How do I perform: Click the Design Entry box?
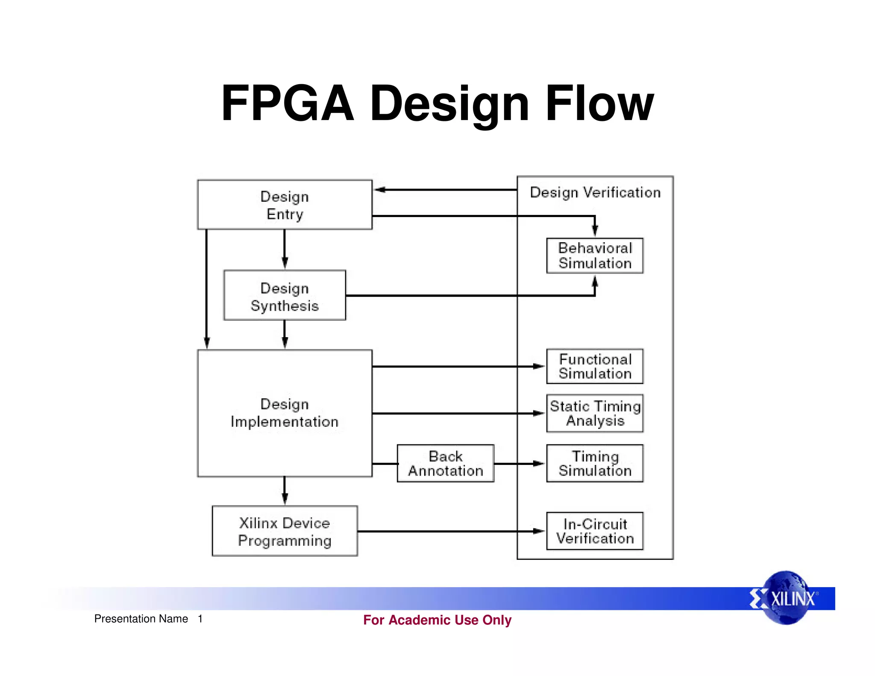pos(285,205)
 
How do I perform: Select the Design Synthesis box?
pos(285,295)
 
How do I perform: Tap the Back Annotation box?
pos(445,463)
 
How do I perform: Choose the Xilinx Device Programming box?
pos(285,531)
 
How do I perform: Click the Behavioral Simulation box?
pos(595,256)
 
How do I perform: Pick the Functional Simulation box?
pos(595,366)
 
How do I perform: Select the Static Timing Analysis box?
pos(595,413)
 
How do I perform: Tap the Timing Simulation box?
pos(595,463)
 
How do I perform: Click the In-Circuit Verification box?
pos(595,531)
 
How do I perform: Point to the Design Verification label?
pos(595,193)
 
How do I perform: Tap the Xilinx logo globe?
pos(787,598)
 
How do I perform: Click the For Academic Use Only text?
pos(437,620)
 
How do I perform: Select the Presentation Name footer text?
pos(141,619)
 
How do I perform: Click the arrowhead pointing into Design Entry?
pos(380,190)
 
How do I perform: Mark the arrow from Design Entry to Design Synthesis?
pos(285,250)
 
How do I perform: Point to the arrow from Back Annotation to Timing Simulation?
pos(519,463)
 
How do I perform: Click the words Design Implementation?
pos(285,413)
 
